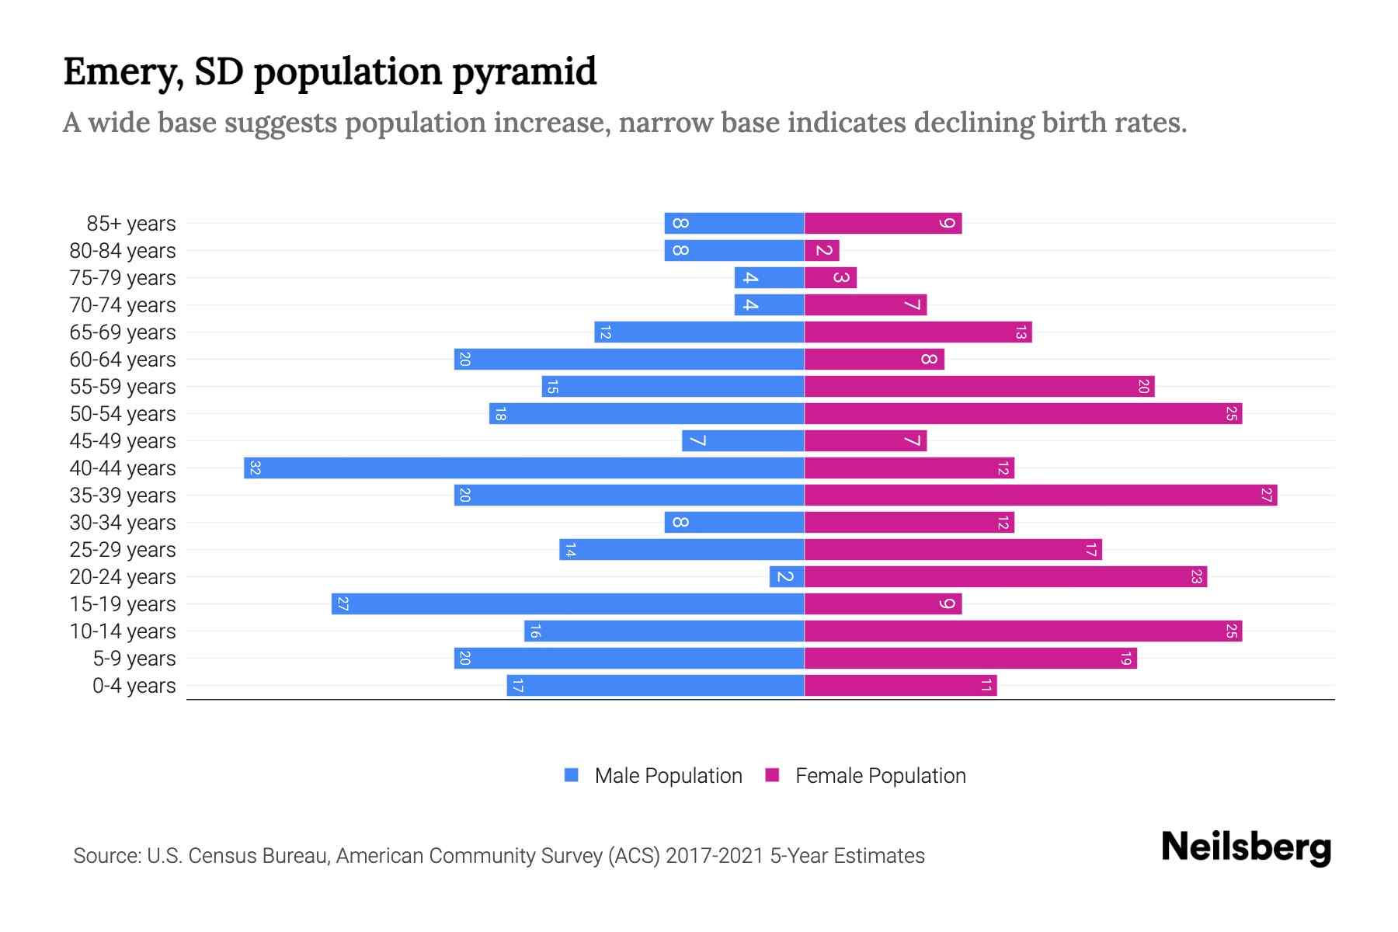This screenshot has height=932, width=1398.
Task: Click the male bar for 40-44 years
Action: point(524,468)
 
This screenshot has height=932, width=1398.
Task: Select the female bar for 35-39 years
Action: point(1041,496)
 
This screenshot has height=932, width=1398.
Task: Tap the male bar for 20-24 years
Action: point(787,577)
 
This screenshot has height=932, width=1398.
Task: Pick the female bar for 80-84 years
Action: point(822,251)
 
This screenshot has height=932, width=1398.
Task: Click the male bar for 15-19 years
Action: point(568,604)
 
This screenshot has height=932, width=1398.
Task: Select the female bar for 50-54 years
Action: point(1023,414)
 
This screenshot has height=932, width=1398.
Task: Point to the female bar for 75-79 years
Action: point(830,278)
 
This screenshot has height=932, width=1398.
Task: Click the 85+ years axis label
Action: point(130,224)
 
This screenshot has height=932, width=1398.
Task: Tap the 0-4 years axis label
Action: point(134,686)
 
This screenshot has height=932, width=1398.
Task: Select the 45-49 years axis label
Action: point(123,441)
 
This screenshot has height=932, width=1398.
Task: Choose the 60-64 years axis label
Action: point(123,360)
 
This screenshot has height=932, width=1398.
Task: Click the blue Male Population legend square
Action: point(572,775)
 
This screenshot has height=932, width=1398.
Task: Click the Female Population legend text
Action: point(880,776)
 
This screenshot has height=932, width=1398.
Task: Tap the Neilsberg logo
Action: point(1246,847)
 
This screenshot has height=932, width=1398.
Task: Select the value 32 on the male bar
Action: point(255,468)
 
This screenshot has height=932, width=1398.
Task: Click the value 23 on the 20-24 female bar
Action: point(1196,577)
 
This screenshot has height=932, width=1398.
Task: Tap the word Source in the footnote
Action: point(106,856)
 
